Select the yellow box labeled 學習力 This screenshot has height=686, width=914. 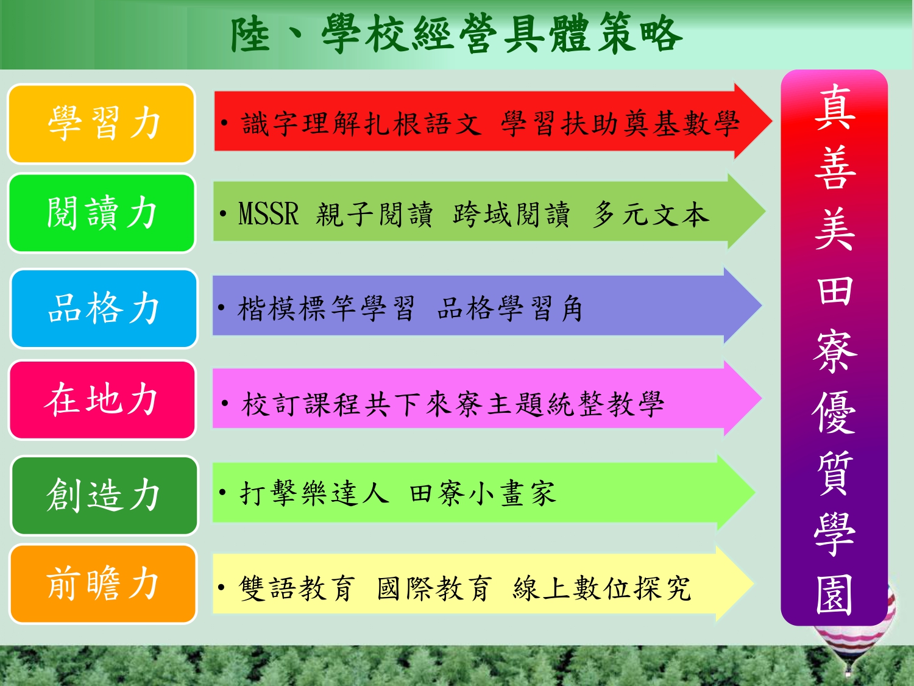pyautogui.click(x=102, y=124)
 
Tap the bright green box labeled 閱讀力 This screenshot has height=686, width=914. pyautogui.click(x=102, y=213)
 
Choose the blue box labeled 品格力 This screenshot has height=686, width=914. pyautogui.click(x=104, y=309)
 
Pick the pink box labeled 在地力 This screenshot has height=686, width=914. pyautogui.click(x=102, y=400)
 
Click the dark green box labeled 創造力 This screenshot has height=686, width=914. pyautogui.click(x=105, y=496)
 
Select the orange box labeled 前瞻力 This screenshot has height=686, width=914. pyautogui.click(x=103, y=584)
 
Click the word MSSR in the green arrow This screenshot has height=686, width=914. pyautogui.click(x=269, y=213)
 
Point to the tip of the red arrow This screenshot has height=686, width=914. pyautogui.click(x=772, y=121)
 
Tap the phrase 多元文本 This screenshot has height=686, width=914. pyautogui.click(x=651, y=214)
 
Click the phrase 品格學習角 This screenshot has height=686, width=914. pyautogui.click(x=509, y=309)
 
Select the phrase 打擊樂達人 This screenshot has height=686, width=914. pyautogui.click(x=314, y=493)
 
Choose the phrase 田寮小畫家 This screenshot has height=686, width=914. pyautogui.click(x=483, y=493)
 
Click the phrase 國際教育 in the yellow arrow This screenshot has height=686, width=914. pyautogui.click(x=434, y=588)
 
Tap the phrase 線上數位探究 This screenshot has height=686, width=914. pyautogui.click(x=601, y=588)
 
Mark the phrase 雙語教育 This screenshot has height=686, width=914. pyautogui.click(x=297, y=588)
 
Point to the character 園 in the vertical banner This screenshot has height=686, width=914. pyautogui.click(x=834, y=594)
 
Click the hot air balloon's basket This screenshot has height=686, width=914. pyautogui.click(x=848, y=673)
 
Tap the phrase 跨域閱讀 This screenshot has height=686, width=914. pyautogui.click(x=511, y=214)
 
